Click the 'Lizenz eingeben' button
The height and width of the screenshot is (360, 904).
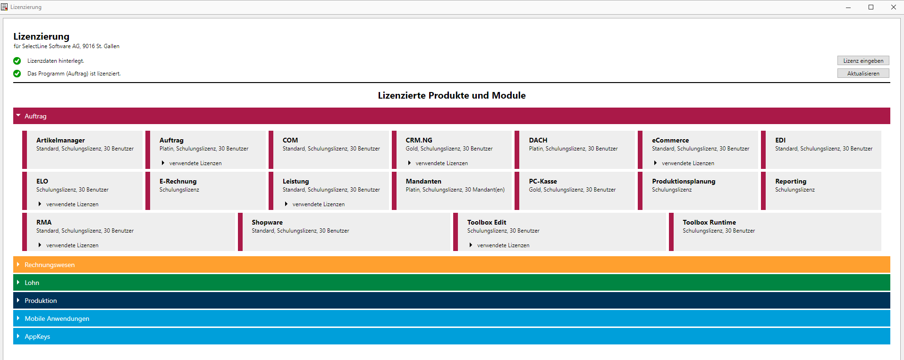pos(863,60)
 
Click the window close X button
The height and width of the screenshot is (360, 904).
pos(893,7)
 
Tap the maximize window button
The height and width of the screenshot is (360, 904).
pos(871,7)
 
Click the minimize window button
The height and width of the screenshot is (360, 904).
pos(848,7)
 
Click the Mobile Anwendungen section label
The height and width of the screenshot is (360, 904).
pos(57,318)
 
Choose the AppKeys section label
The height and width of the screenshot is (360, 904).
pos(37,336)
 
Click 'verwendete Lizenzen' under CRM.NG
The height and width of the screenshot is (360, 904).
pos(442,163)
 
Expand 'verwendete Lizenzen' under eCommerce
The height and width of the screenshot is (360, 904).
pos(688,163)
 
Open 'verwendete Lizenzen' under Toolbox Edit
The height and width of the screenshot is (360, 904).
pos(503,245)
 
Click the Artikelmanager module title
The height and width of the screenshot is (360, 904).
pos(60,140)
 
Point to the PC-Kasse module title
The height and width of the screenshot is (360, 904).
pos(543,181)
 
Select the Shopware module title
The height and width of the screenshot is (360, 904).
pos(267,222)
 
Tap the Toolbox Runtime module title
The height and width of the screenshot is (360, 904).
pos(709,222)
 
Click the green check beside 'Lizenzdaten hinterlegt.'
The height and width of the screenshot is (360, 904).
pos(17,61)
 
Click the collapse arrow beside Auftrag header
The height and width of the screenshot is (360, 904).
pos(18,116)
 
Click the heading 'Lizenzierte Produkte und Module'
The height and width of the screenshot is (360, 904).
pos(452,95)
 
